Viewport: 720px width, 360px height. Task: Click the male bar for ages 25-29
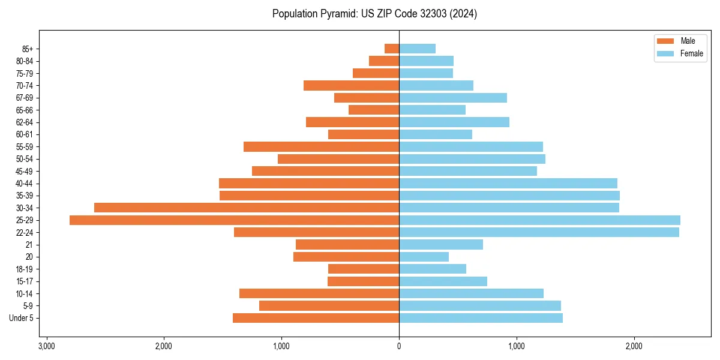[234, 220]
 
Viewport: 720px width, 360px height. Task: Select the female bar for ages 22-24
[539, 232]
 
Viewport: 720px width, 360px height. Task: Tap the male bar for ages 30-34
[247, 208]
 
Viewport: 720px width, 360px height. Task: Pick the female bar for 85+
[417, 49]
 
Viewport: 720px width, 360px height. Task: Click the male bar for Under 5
[316, 318]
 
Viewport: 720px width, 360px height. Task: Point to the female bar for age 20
[424, 257]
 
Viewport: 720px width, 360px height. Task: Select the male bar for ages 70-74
[351, 85]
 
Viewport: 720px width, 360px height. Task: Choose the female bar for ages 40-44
[508, 183]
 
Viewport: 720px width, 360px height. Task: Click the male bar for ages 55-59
[321, 146]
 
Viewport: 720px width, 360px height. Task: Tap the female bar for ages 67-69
[453, 98]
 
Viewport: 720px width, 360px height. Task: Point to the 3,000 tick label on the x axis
[46, 346]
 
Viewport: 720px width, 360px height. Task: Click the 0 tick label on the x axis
[399, 346]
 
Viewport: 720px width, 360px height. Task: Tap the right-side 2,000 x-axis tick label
[634, 346]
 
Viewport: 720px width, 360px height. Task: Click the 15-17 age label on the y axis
[25, 281]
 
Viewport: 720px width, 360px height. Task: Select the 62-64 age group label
[25, 122]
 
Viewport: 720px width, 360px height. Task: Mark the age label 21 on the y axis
[29, 245]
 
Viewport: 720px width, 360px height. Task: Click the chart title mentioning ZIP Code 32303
[374, 14]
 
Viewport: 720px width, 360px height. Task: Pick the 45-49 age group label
[25, 171]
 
